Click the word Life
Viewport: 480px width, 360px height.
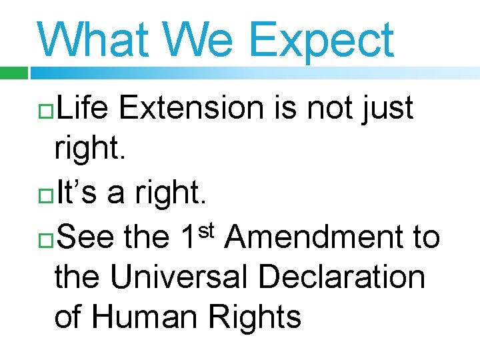[84, 108]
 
